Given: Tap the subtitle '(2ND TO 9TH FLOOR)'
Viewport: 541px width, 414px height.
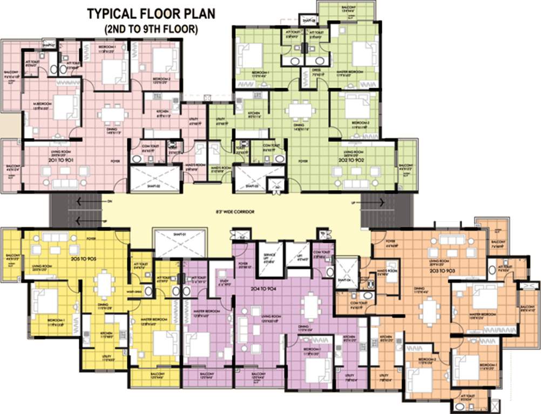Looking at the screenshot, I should point(151,30).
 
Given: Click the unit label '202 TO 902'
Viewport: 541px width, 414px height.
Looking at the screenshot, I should point(355,160).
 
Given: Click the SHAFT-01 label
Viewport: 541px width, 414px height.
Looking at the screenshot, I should point(180,235).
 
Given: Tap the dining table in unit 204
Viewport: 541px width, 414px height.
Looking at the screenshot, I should point(310,306).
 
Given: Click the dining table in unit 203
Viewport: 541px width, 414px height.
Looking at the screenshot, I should point(429,310).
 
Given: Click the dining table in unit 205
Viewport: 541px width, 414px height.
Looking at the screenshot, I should point(105,282).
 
